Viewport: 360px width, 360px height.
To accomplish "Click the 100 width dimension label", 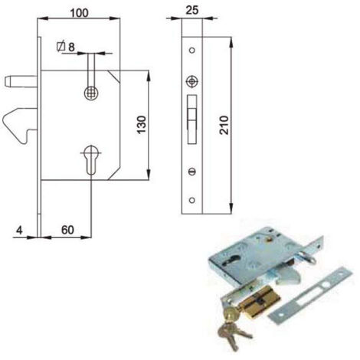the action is pos(80,13).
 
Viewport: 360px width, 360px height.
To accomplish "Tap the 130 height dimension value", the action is pos(142,125).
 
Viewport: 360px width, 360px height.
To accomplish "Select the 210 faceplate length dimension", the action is pos(224,125).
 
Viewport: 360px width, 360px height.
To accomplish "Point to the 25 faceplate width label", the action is pos(192,11).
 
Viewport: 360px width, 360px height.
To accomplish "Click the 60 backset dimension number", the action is pos(67,230).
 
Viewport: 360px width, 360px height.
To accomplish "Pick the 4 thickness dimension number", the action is pos(19,231).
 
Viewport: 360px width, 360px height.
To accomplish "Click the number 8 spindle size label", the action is pos(71,47).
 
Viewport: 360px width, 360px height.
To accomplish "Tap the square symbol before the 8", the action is pos(61,46).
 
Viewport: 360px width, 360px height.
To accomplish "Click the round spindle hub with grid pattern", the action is pos(92,93).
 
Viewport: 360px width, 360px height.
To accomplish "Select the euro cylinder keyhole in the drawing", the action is pos(91,159).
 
